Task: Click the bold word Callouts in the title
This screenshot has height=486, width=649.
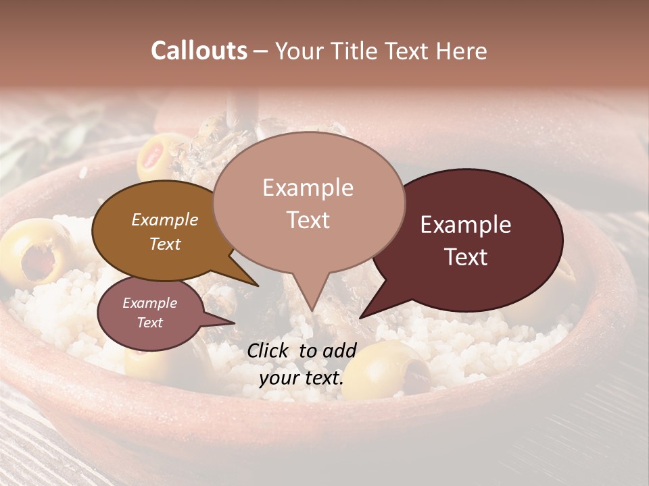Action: coord(199,51)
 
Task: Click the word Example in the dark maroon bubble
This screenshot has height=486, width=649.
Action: coord(466,225)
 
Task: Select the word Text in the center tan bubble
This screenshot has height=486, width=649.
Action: coord(308,220)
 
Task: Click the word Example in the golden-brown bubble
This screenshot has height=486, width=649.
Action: coord(164,219)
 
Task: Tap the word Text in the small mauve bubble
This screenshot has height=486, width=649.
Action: coord(149,323)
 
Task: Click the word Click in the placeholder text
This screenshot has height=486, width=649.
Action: coord(269,350)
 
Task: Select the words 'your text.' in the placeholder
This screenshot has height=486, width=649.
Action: coord(302,377)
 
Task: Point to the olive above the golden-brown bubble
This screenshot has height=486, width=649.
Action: coord(162,156)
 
